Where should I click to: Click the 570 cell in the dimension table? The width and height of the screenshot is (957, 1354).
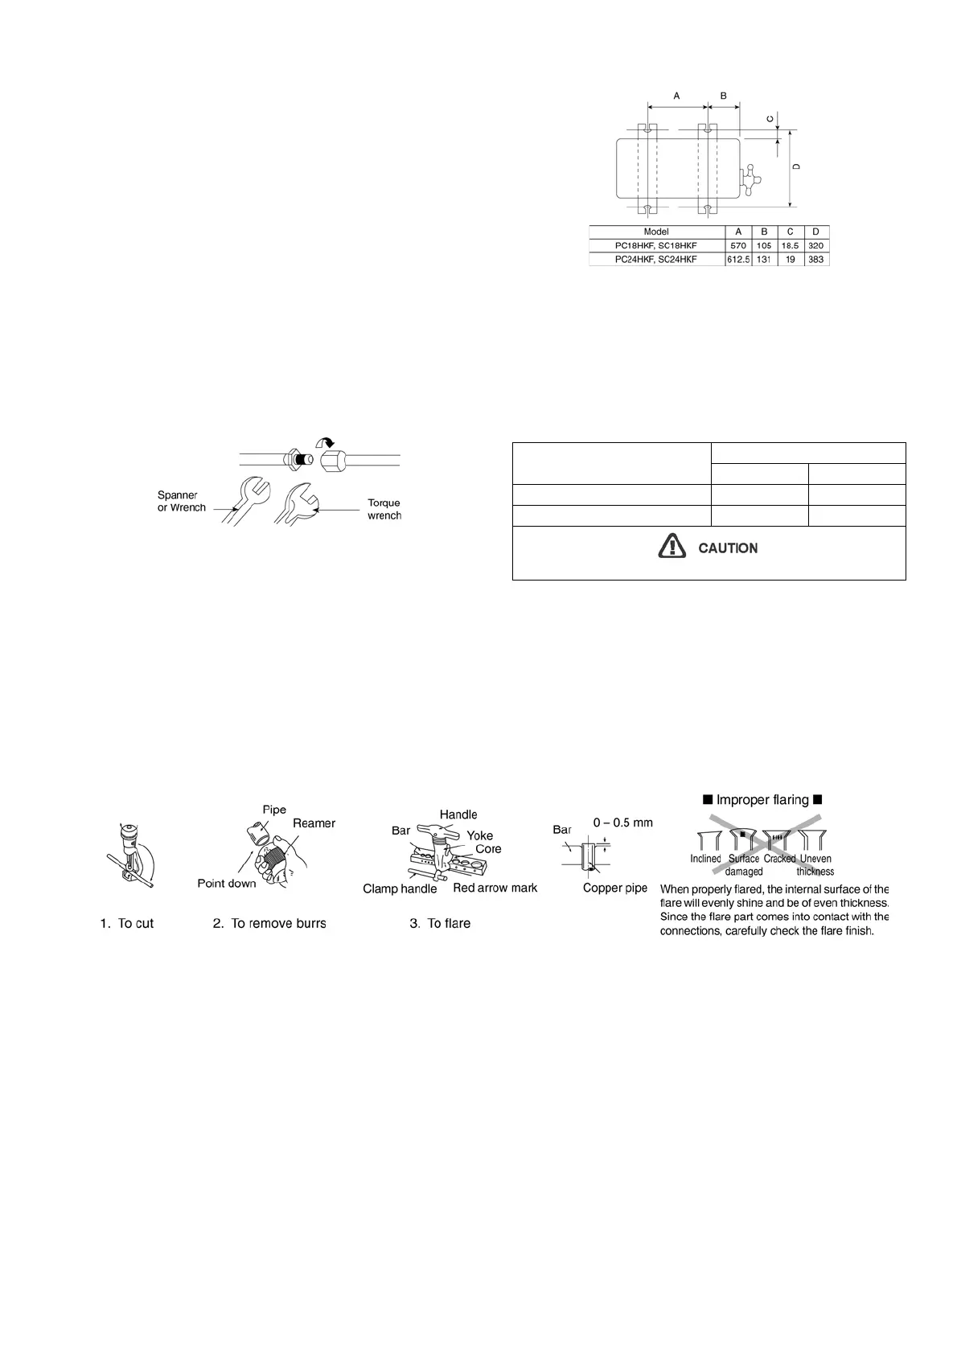pyautogui.click(x=738, y=245)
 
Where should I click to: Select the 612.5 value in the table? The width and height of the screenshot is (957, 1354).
pyautogui.click(x=738, y=260)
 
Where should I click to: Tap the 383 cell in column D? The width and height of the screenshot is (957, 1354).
pyautogui.click(x=815, y=260)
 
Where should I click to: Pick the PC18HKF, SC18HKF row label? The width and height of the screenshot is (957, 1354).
pyautogui.click(x=656, y=245)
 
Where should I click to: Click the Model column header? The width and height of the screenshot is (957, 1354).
pyautogui.click(x=656, y=232)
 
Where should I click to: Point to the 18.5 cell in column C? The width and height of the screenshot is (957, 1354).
pyautogui.click(x=790, y=245)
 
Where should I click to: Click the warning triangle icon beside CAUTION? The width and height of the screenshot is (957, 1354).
pyautogui.click(x=668, y=547)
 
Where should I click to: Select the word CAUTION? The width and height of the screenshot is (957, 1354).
pyautogui.click(x=728, y=548)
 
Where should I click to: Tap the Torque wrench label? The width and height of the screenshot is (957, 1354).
pyautogui.click(x=384, y=509)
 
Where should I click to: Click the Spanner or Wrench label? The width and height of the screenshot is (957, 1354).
pyautogui.click(x=182, y=501)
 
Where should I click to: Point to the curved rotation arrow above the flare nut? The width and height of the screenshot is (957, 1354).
pyautogui.click(x=328, y=441)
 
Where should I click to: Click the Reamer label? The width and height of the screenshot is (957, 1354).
pyautogui.click(x=314, y=823)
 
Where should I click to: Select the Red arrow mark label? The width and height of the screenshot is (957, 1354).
pyautogui.click(x=495, y=888)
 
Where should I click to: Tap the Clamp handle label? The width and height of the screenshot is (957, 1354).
pyautogui.click(x=400, y=888)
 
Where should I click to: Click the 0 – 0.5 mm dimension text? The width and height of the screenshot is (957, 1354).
pyautogui.click(x=622, y=823)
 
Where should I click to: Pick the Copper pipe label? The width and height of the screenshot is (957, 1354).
pyautogui.click(x=615, y=888)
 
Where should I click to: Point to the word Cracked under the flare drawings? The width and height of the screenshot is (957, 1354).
pyautogui.click(x=779, y=859)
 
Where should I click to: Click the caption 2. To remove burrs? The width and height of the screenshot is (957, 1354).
pyautogui.click(x=269, y=923)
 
